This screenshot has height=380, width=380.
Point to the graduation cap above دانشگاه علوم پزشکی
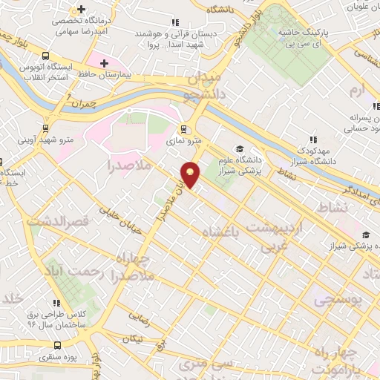(240, 148)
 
